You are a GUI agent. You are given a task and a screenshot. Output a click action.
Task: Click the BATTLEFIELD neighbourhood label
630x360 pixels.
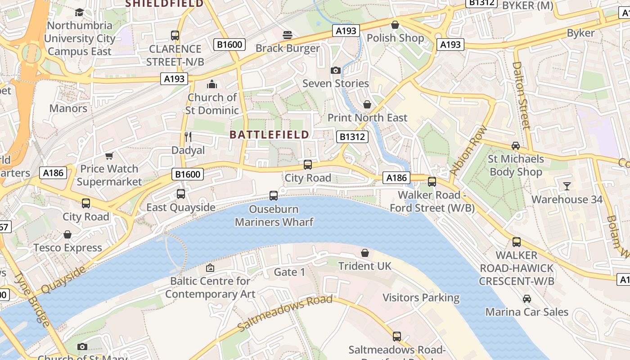tap(269, 134)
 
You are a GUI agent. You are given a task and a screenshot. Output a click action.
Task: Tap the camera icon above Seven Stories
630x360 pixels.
tap(335, 70)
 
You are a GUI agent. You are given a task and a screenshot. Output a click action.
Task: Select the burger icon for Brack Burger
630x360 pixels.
tap(288, 35)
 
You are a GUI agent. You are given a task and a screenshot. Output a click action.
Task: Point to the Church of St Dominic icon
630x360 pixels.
tap(211, 84)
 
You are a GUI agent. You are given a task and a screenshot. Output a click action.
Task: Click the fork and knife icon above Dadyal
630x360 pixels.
tap(188, 137)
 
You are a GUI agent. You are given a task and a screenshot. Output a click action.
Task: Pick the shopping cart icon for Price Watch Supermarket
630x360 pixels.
tap(109, 156)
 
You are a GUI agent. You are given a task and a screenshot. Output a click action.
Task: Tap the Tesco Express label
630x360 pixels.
tap(67, 247)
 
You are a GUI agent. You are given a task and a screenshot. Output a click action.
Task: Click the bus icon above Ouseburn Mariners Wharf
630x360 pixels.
tap(274, 196)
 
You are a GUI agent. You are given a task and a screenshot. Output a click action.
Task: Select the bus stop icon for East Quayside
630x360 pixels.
tap(181, 194)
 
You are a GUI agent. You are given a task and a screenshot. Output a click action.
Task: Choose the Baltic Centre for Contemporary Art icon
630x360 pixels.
tap(210, 268)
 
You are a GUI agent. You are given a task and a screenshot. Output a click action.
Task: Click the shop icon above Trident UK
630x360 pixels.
tap(365, 253)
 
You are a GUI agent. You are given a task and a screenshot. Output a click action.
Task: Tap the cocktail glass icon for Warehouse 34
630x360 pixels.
tap(567, 186)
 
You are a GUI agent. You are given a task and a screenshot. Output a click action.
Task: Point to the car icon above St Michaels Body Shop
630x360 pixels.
tap(516, 146)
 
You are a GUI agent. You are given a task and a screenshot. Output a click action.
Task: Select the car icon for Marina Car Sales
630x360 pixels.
tap(526, 298)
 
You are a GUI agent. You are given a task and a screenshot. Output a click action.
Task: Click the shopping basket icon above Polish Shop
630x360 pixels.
tap(395, 25)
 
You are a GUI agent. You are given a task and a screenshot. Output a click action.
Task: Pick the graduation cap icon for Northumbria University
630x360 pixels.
tap(80, 12)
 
